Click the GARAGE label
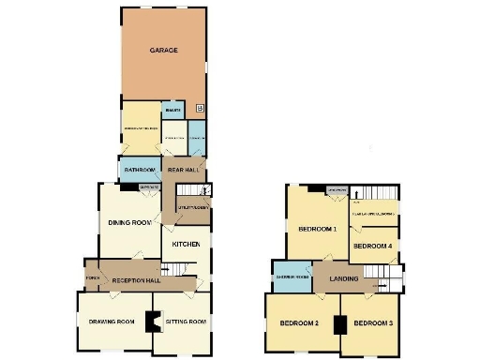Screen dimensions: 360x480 (164, 50)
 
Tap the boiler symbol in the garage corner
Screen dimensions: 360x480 (199, 109)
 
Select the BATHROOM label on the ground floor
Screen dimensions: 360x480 (139, 171)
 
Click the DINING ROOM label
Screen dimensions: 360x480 (129, 222)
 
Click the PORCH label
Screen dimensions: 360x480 (92, 277)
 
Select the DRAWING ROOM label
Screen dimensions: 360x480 (112, 322)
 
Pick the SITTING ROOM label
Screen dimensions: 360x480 (185, 322)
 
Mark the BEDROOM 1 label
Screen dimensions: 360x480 (317, 229)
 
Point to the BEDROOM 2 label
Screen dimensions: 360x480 (300, 324)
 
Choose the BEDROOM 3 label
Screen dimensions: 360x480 (374, 324)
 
